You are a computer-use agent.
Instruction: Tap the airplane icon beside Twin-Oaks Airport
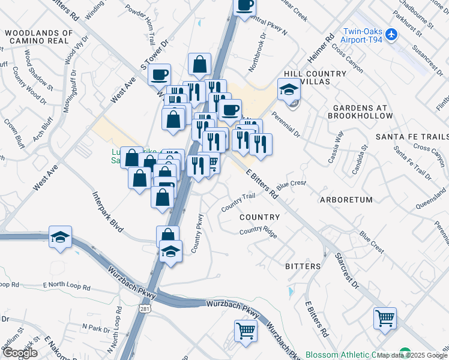click(x=392, y=34)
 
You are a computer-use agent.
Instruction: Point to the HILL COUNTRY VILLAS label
click(x=315, y=78)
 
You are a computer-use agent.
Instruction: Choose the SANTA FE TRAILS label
click(x=412, y=137)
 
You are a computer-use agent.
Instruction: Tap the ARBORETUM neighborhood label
click(x=346, y=200)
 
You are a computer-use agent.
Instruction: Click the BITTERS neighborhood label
click(x=303, y=266)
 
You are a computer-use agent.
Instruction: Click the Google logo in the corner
click(x=20, y=353)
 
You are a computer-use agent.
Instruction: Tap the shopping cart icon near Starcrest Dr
click(x=385, y=318)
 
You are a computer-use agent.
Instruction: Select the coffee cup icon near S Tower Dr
click(x=159, y=75)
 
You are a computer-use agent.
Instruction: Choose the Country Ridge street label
click(x=258, y=232)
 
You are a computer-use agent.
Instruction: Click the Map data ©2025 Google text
click(x=412, y=355)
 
